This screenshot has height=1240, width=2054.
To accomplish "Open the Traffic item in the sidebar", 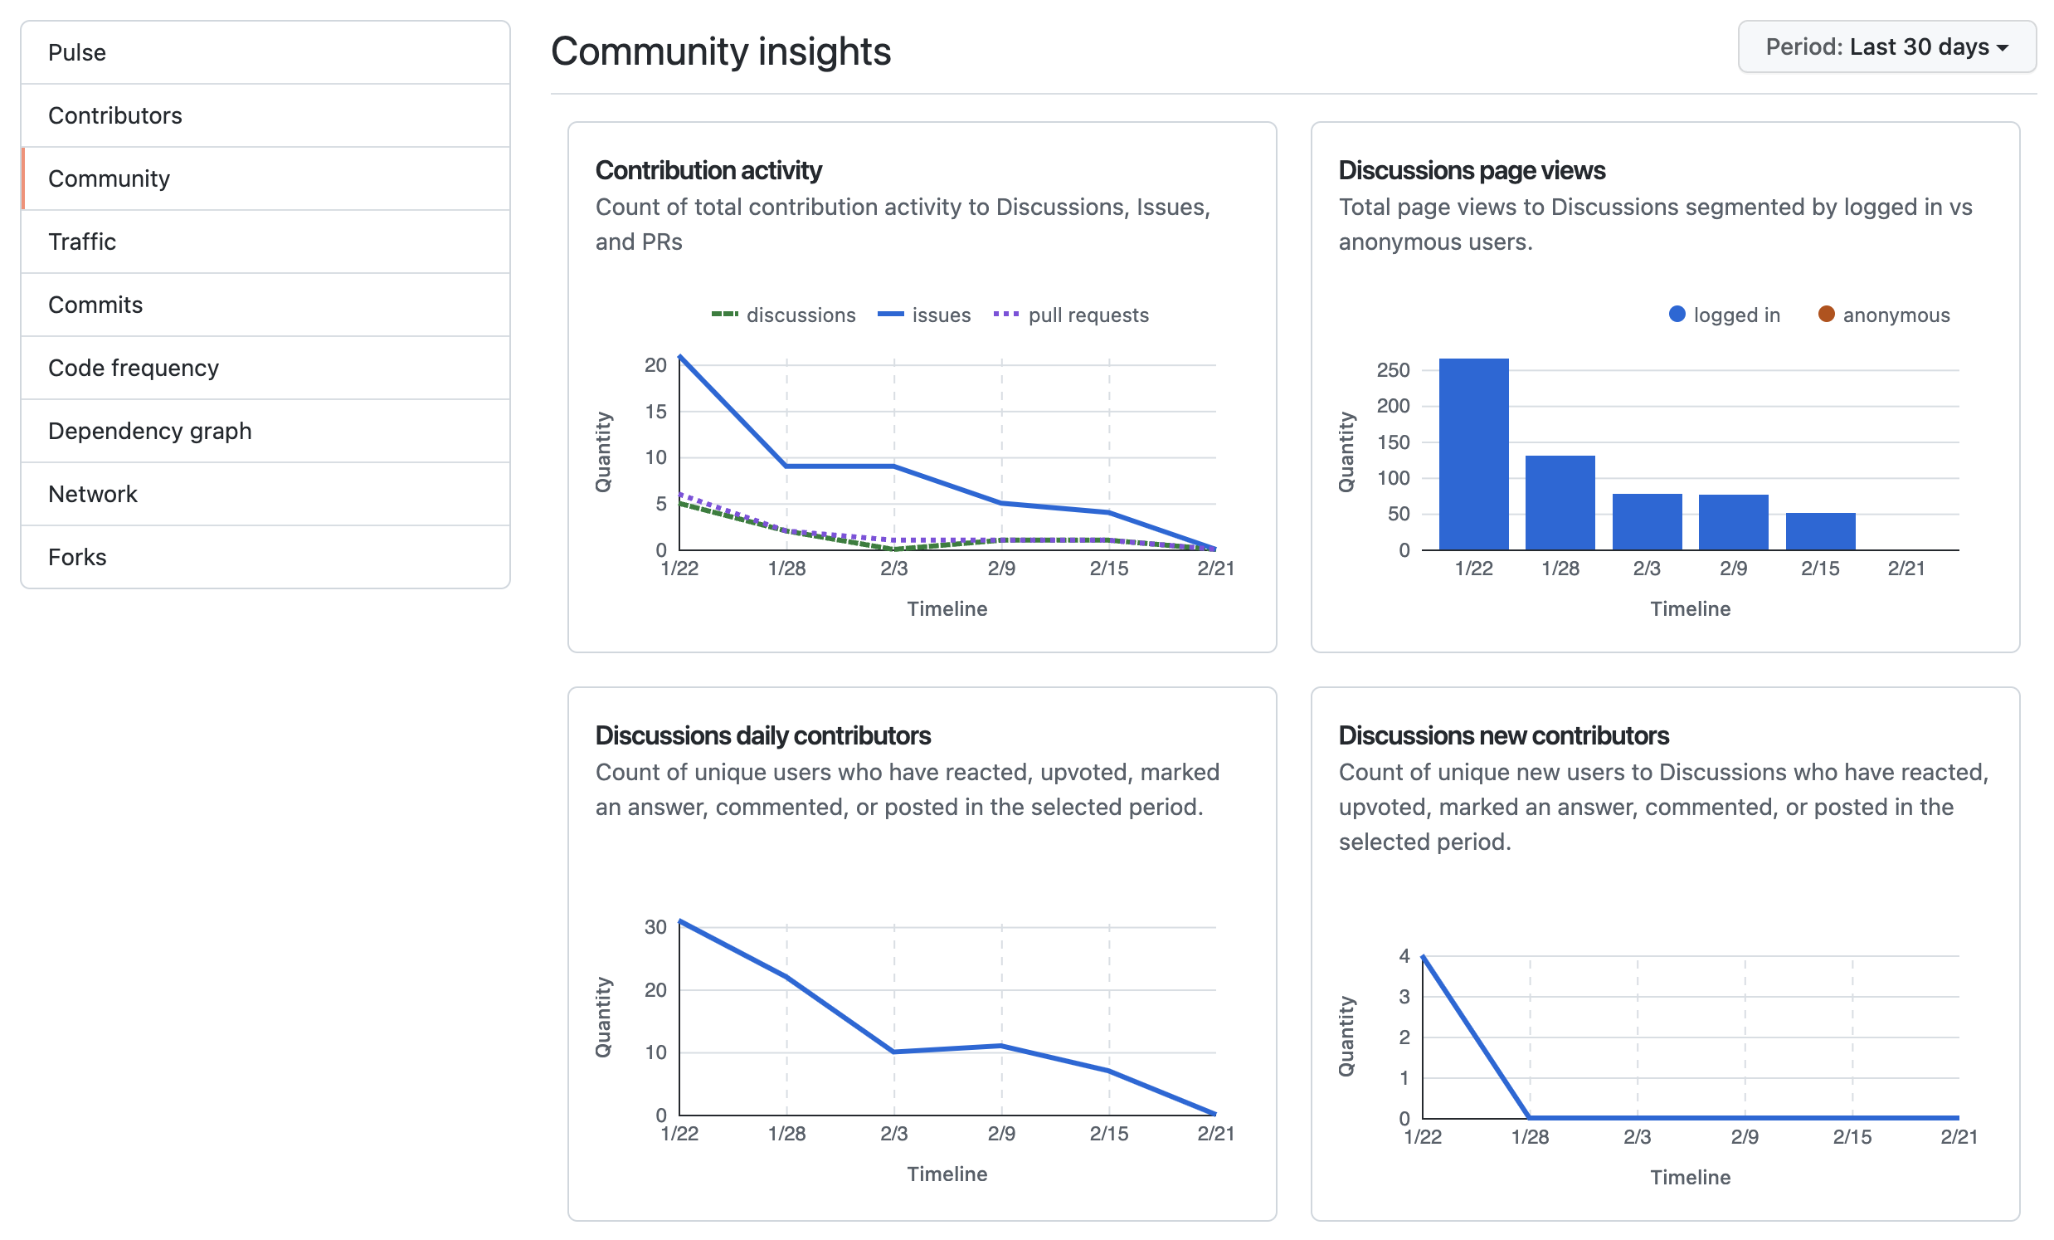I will pyautogui.click(x=81, y=242).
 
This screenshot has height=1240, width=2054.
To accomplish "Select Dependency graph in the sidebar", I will pyautogui.click(x=150, y=431).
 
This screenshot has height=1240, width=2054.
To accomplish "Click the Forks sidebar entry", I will pyautogui.click(x=76, y=557).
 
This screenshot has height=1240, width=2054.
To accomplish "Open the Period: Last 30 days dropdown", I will pyautogui.click(x=1886, y=46).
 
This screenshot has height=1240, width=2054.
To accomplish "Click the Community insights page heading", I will pyautogui.click(x=720, y=51).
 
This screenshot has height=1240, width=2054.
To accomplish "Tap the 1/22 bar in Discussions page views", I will pyautogui.click(x=1473, y=455).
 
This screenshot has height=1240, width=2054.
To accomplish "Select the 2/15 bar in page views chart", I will pyautogui.click(x=1820, y=531).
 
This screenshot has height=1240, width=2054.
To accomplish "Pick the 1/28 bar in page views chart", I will pyautogui.click(x=1560, y=503).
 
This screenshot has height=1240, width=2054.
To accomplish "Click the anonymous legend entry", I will pyautogui.click(x=1884, y=315).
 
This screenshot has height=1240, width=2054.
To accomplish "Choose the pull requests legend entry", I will pyautogui.click(x=1073, y=315).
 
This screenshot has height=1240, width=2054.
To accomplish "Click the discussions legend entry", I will pyautogui.click(x=786, y=315).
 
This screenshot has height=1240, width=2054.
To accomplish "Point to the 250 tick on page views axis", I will pyautogui.click(x=1392, y=370).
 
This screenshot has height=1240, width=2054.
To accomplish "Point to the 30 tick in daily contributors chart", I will pyautogui.click(x=655, y=927).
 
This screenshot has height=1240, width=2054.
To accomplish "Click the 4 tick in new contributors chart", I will pyautogui.click(x=1404, y=956).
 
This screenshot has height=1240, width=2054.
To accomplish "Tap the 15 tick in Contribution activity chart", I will pyautogui.click(x=655, y=412).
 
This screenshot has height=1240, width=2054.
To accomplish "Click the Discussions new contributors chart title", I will pyautogui.click(x=1503, y=735).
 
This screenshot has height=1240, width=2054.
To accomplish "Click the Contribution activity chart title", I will pyautogui.click(x=708, y=170).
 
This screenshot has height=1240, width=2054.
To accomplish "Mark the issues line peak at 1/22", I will pyautogui.click(x=680, y=357).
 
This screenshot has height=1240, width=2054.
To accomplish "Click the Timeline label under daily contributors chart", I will pyautogui.click(x=947, y=1174).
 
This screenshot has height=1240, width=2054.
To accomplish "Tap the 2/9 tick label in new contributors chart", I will pyautogui.click(x=1744, y=1136).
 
